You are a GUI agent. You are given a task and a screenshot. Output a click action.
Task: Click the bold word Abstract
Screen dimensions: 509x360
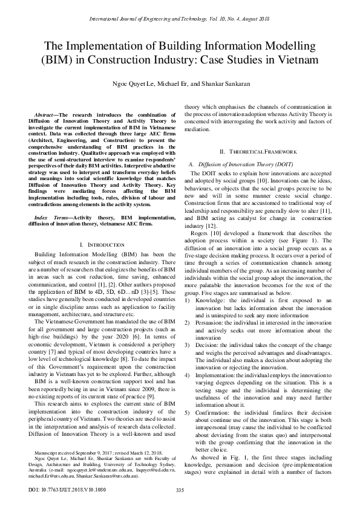click(x=43, y=114)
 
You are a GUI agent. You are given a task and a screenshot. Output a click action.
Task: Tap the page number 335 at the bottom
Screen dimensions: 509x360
click(x=180, y=489)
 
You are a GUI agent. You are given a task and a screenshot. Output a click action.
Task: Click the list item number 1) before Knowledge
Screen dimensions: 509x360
click(x=188, y=283)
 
